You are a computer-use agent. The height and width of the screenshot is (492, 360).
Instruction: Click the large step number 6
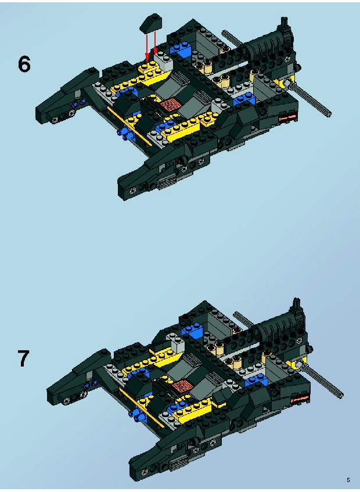click(x=24, y=65)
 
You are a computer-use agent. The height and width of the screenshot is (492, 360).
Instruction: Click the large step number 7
click(x=23, y=358)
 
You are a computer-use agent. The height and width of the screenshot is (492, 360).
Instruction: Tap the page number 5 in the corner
click(x=348, y=480)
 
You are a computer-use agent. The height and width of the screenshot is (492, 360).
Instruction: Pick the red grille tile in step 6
click(x=169, y=104)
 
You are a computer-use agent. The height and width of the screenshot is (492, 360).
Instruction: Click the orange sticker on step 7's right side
click(x=300, y=398)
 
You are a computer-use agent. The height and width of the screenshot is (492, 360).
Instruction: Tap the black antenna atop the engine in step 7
click(x=297, y=305)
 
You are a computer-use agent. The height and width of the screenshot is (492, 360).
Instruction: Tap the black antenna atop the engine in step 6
click(x=285, y=23)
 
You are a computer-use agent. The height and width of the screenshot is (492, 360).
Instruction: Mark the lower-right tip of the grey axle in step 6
click(x=330, y=115)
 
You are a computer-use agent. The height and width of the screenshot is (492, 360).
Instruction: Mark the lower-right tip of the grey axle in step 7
click(x=341, y=397)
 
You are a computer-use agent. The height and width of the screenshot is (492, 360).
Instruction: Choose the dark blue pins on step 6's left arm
click(x=80, y=102)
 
